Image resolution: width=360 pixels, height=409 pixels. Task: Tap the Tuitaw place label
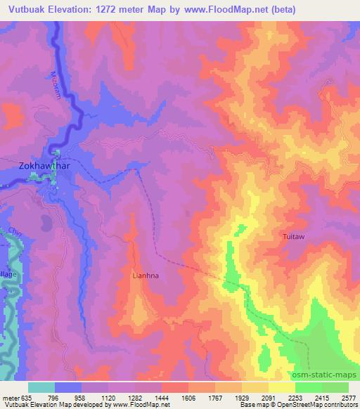pos(294,237)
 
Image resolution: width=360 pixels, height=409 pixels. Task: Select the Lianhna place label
pos(146,276)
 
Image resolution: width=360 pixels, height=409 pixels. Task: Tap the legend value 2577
pos(348,397)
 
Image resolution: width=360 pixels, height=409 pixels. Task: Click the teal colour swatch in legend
pos(41,387)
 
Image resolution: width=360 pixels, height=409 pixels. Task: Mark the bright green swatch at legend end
pos(335,387)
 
